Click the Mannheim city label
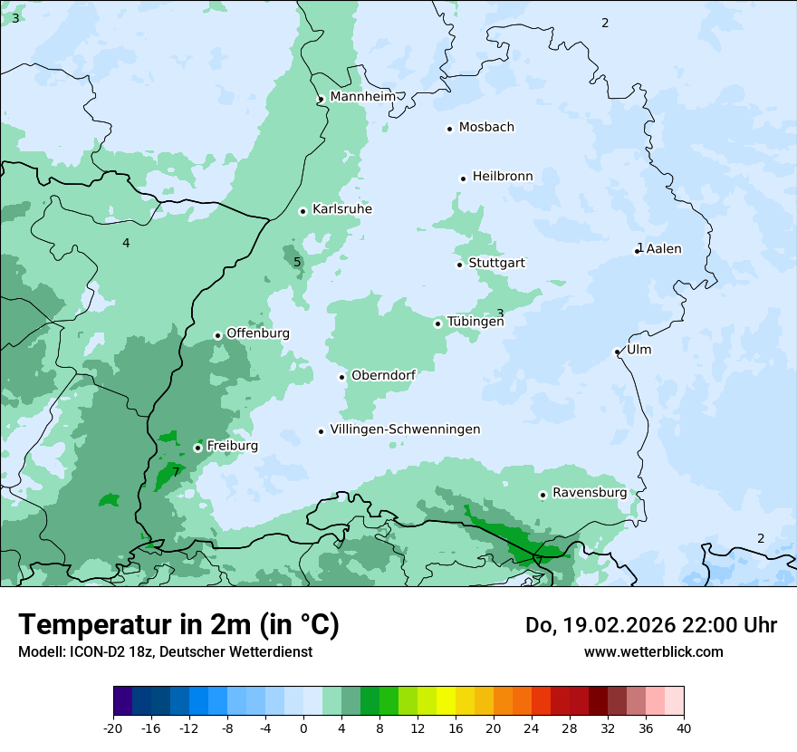[362, 96]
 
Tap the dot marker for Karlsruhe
[303, 211]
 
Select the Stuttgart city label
[496, 263]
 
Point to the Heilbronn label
[503, 176]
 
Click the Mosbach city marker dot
[449, 129]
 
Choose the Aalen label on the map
[664, 248]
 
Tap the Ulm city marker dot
[618, 352]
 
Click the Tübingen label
[475, 322]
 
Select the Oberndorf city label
[383, 375]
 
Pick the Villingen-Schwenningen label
[405, 429]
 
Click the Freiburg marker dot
[197, 448]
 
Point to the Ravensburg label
[590, 492]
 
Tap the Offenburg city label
[258, 333]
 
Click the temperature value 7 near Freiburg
[176, 471]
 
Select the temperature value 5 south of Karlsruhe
[297, 263]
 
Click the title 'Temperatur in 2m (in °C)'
[178, 624]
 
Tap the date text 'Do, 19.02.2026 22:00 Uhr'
[650, 625]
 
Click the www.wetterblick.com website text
[653, 651]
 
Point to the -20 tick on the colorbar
[113, 728]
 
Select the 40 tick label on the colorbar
[684, 728]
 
